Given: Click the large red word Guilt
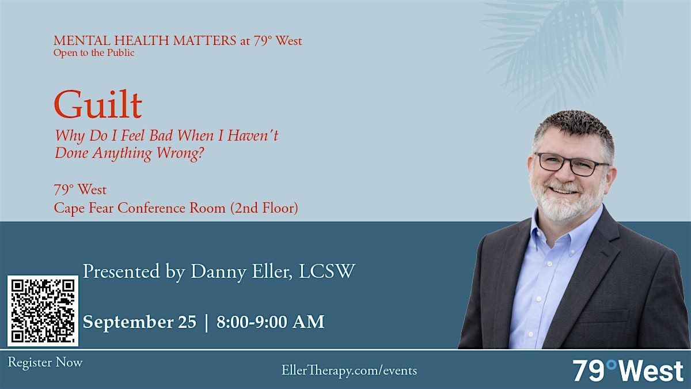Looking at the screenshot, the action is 98,104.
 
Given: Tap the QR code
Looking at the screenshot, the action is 43,311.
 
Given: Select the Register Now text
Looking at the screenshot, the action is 45,362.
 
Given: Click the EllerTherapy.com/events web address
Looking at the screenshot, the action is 349,371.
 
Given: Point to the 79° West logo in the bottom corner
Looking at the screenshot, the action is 628,371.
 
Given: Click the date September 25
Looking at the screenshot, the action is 139,322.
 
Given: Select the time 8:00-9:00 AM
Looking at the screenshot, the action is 270,322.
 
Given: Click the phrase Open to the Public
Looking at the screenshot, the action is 94,53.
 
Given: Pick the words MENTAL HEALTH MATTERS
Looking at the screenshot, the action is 145,41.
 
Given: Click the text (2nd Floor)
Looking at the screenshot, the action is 264,208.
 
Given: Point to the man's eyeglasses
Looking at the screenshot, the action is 572,164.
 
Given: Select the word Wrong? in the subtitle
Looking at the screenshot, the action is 180,153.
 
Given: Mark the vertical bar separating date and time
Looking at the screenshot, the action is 206,322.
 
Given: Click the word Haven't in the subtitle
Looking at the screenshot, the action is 253,136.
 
